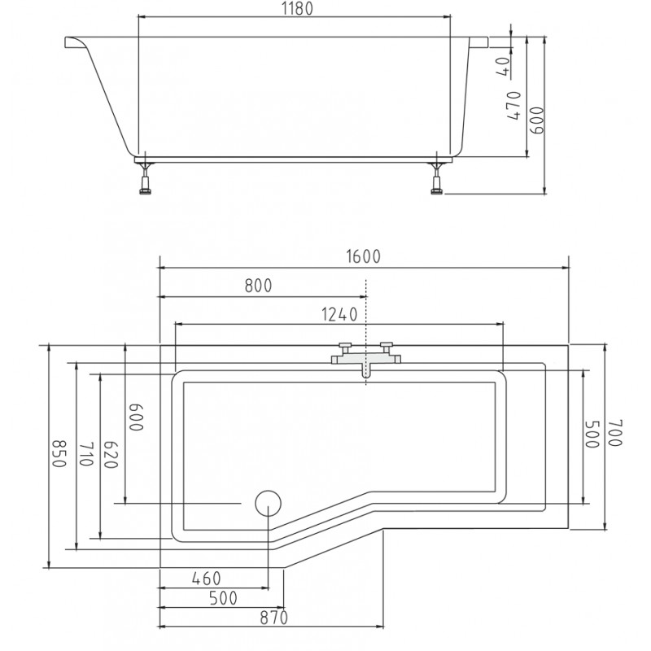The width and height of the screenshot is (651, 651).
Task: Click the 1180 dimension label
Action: point(297,9)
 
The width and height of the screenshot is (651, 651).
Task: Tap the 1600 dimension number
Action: point(363,257)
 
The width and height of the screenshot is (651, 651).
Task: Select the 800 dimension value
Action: point(258,286)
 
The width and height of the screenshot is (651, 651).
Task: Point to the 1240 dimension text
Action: point(339,315)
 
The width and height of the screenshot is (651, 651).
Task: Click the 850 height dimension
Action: point(59,453)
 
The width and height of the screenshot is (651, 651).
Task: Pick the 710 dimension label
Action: point(85,454)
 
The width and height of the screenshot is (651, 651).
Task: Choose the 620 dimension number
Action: point(111,455)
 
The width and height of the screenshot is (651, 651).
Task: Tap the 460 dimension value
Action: point(207,579)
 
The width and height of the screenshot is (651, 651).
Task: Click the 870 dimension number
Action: point(274,618)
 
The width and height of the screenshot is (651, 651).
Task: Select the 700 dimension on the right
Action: point(615,433)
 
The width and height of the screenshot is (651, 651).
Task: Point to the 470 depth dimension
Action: point(514,106)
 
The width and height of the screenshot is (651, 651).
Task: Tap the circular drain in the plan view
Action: point(268,503)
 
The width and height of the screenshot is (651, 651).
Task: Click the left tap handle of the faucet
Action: point(345,344)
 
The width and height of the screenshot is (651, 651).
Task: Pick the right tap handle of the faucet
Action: point(387,344)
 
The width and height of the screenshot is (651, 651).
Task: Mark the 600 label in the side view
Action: point(537,120)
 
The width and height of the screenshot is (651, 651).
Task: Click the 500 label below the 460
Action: point(223,598)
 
